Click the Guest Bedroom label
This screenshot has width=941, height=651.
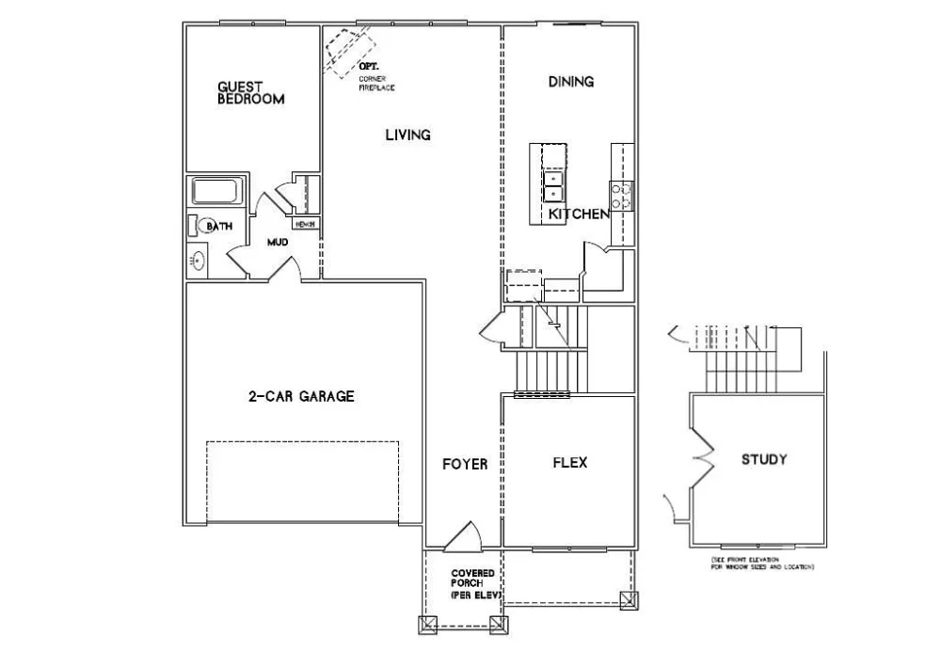coord(250,92)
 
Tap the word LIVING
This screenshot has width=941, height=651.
coord(407,135)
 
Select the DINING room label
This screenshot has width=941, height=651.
coord(571,82)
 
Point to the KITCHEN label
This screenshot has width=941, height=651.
coord(579,214)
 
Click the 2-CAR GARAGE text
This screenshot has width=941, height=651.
coord(301,396)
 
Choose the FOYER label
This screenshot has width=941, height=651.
coord(465,464)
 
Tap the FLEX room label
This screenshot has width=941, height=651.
coord(569,462)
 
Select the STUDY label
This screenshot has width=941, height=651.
coord(763,460)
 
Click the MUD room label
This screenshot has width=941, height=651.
coord(277,243)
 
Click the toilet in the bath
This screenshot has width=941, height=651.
coord(196,226)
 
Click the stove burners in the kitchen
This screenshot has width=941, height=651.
coord(621,195)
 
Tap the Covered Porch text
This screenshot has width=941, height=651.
coord(472,584)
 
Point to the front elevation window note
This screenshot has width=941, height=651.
coord(762,564)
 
